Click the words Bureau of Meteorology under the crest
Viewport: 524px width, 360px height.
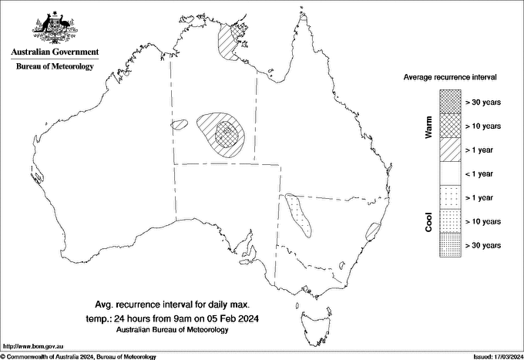[x=55, y=67]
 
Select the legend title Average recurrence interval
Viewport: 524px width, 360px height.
[x=451, y=78]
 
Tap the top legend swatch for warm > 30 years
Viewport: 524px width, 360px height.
[x=450, y=101]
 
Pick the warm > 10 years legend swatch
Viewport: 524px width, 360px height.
[x=450, y=125]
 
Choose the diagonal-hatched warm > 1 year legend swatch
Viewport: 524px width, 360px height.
[x=450, y=149]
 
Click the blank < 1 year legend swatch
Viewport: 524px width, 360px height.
[x=450, y=173]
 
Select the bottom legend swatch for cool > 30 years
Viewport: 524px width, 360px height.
[x=450, y=245]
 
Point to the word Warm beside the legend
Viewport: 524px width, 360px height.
[x=428, y=126]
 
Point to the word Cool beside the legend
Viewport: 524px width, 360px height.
[x=428, y=222]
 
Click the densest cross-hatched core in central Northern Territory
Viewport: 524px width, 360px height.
[x=226, y=133]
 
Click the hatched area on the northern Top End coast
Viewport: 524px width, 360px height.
[x=229, y=42]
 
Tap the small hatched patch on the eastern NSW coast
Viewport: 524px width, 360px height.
[x=374, y=230]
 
